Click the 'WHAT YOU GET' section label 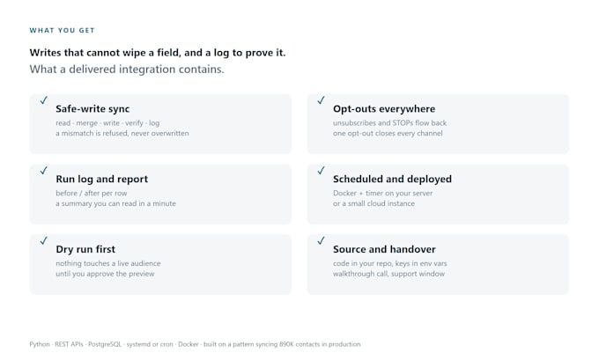62,31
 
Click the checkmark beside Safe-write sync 44,100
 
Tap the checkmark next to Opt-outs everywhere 321,100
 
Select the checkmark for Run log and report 44,170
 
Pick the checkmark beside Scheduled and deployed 321,170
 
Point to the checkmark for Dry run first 44,240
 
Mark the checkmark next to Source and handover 321,240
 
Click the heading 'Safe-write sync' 92,109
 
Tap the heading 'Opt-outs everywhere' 384,109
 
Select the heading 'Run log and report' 102,180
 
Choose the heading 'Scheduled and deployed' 392,179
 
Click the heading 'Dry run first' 85,249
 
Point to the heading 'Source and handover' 384,249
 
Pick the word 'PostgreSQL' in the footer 105,344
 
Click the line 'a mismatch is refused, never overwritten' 122,133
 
